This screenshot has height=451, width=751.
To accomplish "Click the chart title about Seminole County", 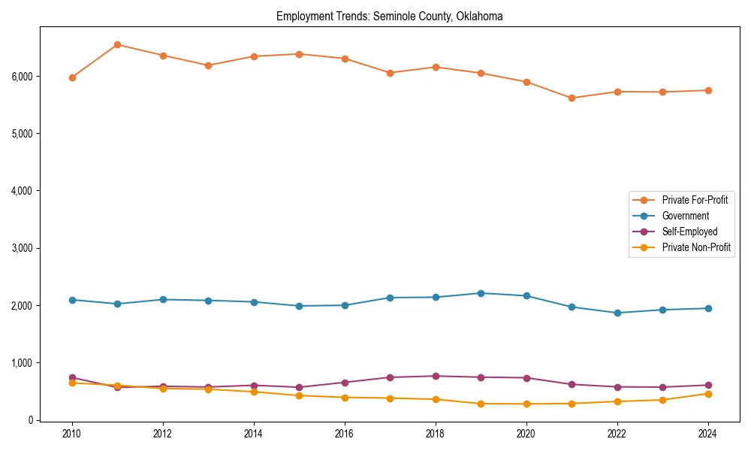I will [389, 16].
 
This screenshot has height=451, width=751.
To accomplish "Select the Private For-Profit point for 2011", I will [117, 44].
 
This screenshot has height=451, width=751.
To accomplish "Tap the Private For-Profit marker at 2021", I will [572, 98].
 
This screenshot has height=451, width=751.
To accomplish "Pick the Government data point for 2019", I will [481, 293].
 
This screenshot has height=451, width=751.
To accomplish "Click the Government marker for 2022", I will [617, 313].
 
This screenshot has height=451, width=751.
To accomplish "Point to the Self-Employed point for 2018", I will [436, 376].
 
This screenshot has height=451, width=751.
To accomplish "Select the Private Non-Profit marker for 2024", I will [708, 394].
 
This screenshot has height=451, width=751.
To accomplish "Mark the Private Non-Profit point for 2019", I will [481, 404].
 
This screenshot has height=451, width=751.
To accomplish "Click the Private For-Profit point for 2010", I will [72, 77].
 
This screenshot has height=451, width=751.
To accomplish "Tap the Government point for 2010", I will [72, 300].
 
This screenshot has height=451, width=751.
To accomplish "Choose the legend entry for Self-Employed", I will [689, 232].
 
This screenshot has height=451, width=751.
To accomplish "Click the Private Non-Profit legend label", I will [696, 247].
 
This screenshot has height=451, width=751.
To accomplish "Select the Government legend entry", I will [685, 216].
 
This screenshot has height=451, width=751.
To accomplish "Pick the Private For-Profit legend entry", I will [695, 200].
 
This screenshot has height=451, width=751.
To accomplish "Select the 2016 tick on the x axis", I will [345, 434].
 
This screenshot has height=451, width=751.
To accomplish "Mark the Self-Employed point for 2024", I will [708, 385].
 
